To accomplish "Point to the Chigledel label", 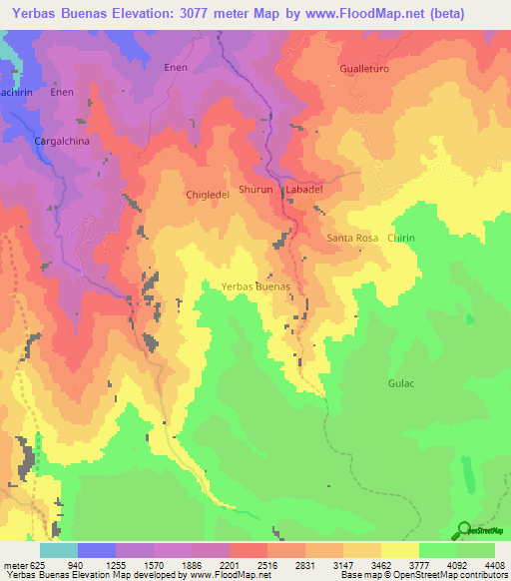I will coord(208,196).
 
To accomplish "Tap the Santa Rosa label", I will coord(352,239).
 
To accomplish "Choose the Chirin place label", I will coord(401,239).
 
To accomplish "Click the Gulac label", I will coord(400,382).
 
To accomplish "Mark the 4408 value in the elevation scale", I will coord(495,563).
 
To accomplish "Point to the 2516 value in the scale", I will coord(267,563).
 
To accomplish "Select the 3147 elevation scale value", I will coord(343,563).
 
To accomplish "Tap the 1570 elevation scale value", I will coord(154,563).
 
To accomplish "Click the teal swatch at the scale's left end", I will coord(58,550).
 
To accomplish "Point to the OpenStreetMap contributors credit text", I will coord(445,574).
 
